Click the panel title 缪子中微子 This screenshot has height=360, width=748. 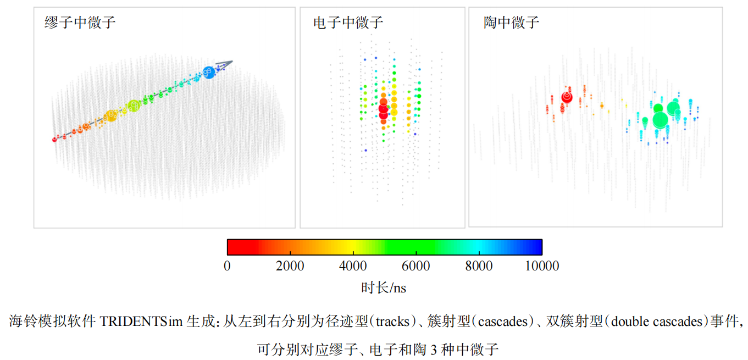tap(80, 23)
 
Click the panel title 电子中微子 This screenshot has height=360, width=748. tap(348, 23)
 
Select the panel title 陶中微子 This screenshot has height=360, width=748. tap(512, 23)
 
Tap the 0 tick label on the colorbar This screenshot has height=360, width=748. tap(227, 266)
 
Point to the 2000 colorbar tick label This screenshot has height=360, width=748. tap(290, 266)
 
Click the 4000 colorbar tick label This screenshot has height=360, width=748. tap(353, 266)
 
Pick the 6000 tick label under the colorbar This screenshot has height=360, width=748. tap(416, 266)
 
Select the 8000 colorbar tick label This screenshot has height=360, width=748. tap(479, 266)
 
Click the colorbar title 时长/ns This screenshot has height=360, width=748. tap(384, 287)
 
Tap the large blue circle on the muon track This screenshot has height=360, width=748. tap(208, 72)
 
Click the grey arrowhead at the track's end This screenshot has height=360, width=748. tap(228, 63)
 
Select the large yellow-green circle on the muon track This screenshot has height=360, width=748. tap(134, 106)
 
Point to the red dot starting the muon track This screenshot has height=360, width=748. tap(54, 140)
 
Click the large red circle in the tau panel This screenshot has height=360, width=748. tap(567, 98)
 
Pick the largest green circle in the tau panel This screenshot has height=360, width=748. tap(660, 119)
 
